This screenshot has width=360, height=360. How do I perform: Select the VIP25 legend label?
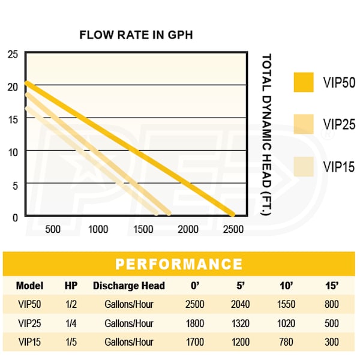[339, 125]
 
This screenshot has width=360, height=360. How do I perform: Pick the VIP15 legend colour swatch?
[304, 166]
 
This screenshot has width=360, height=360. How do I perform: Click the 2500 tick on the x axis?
[233, 229]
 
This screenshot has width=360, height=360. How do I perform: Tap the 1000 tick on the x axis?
[98, 229]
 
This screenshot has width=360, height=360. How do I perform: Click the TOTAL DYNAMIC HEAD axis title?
[268, 135]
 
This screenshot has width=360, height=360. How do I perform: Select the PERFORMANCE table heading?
[179, 265]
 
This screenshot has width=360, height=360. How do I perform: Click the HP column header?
[71, 286]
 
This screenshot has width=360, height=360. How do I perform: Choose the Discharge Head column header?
[128, 286]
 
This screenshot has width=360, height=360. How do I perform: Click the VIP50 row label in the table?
[29, 304]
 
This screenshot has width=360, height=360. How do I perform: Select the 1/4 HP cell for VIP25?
[71, 323]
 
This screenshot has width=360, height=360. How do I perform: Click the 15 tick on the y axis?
[13, 118]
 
